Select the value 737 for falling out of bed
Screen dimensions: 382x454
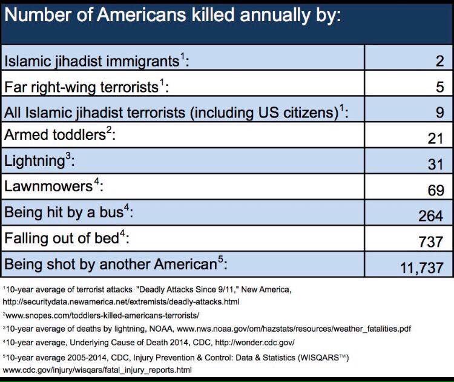click(x=431, y=242)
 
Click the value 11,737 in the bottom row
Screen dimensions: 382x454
click(x=422, y=268)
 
